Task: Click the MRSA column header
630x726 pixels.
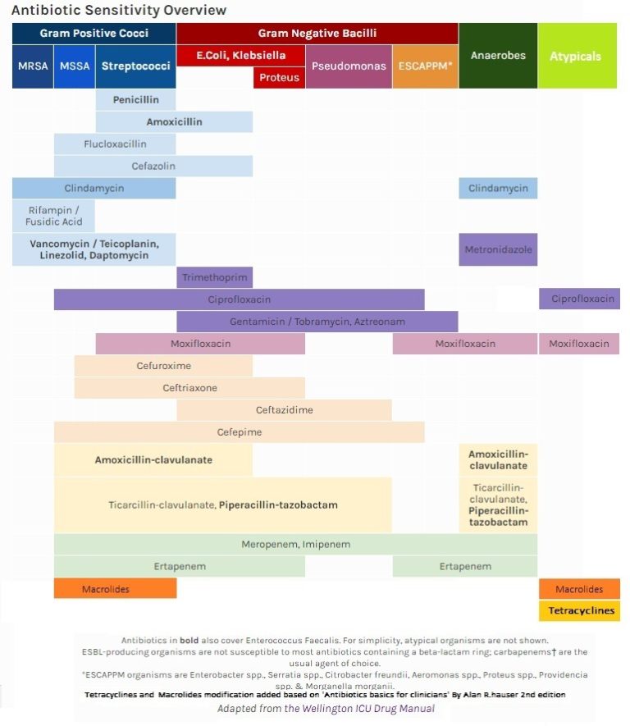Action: click(32, 66)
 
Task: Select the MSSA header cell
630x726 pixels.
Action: click(75, 66)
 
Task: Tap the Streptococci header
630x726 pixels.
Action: click(135, 66)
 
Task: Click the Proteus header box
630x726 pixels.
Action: click(279, 78)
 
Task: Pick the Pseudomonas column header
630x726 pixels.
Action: click(349, 66)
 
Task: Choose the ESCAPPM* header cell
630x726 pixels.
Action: click(425, 66)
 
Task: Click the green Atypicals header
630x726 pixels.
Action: click(577, 57)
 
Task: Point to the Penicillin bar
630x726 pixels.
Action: click(135, 100)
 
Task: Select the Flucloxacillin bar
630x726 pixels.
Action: click(115, 144)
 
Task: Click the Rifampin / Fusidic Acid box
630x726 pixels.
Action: click(53, 216)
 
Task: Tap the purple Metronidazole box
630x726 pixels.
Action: click(498, 249)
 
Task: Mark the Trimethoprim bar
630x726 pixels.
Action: click(214, 277)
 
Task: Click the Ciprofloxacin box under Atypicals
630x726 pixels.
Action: click(579, 299)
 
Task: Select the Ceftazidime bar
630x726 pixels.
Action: click(284, 409)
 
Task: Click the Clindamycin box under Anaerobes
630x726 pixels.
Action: click(498, 188)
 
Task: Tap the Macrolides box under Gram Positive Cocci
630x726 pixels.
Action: click(115, 588)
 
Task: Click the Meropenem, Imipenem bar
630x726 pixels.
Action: click(295, 544)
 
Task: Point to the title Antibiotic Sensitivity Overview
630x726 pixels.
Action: click(119, 10)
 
